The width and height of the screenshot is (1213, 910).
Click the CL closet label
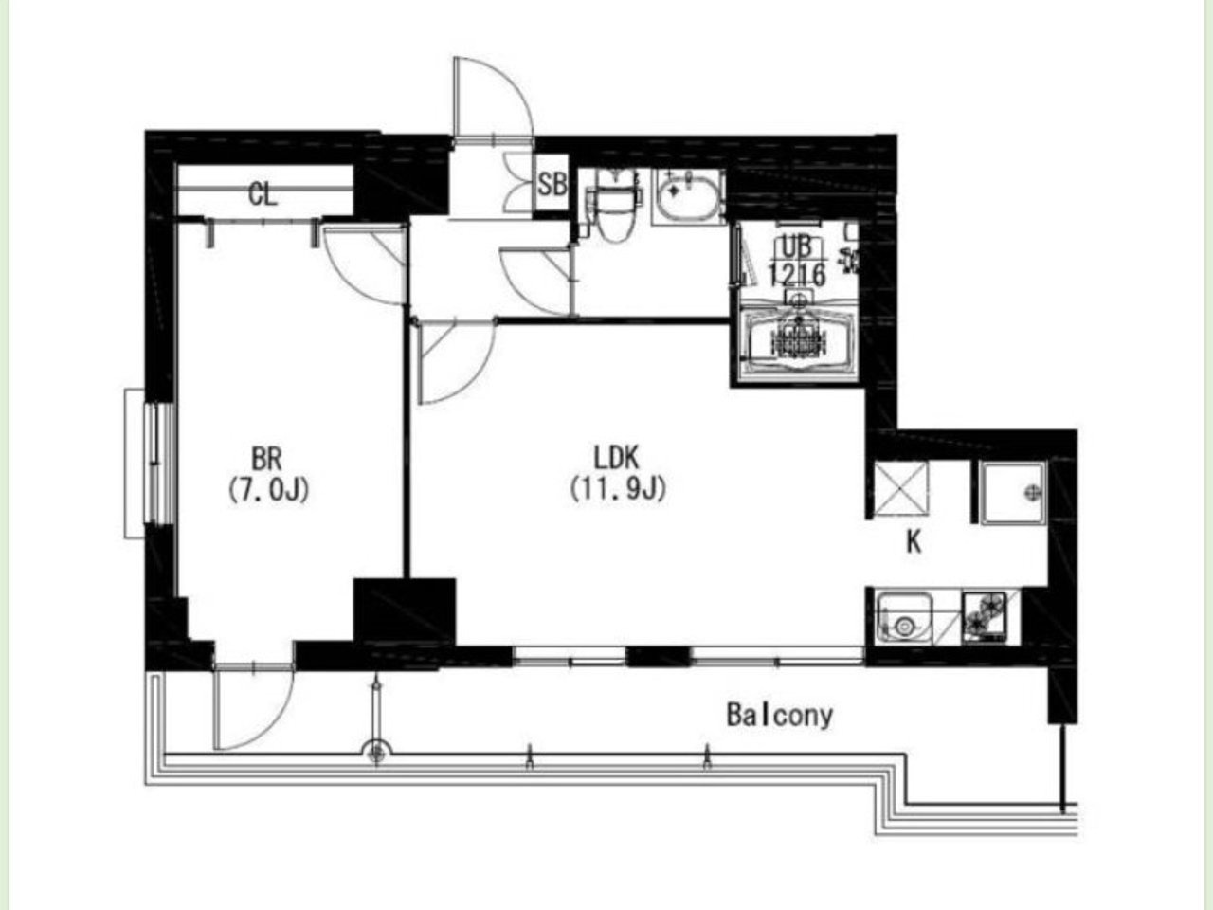pos(263,194)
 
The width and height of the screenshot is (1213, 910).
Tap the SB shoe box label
pos(552,185)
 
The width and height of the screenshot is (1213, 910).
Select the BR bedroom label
pos(267,459)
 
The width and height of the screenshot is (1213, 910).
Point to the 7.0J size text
pos(268,489)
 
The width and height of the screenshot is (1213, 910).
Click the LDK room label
pos(616,458)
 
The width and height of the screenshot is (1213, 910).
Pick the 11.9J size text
pos(619,488)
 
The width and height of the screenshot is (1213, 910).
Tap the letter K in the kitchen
pos(914,543)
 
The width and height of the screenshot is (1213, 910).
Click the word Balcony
pos(780,716)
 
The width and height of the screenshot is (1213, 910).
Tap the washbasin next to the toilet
pos(687,197)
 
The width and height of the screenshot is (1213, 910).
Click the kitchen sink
pos(905,617)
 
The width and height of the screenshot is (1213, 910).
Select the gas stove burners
pos(985,616)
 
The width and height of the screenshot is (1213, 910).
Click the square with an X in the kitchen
pos(901,488)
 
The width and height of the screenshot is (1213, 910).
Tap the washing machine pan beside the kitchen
pos(1013,493)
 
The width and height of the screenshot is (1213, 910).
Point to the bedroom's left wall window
pos(151,463)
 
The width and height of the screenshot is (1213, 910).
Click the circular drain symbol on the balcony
pos(377,753)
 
